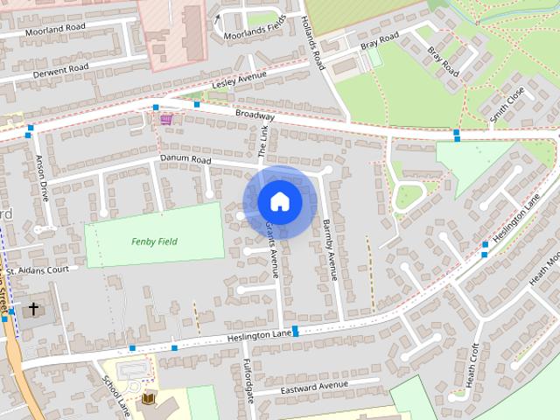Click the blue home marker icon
pos(279,201)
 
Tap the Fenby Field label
pos(154,241)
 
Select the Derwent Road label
pos(60,67)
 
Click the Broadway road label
pos(255,115)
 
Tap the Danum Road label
pos(185,159)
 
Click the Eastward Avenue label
pos(314,385)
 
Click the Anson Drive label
pos(42,178)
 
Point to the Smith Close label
pos(507,104)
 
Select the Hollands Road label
pos(312,44)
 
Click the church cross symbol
pos(34,309)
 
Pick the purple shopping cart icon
pos(166,119)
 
